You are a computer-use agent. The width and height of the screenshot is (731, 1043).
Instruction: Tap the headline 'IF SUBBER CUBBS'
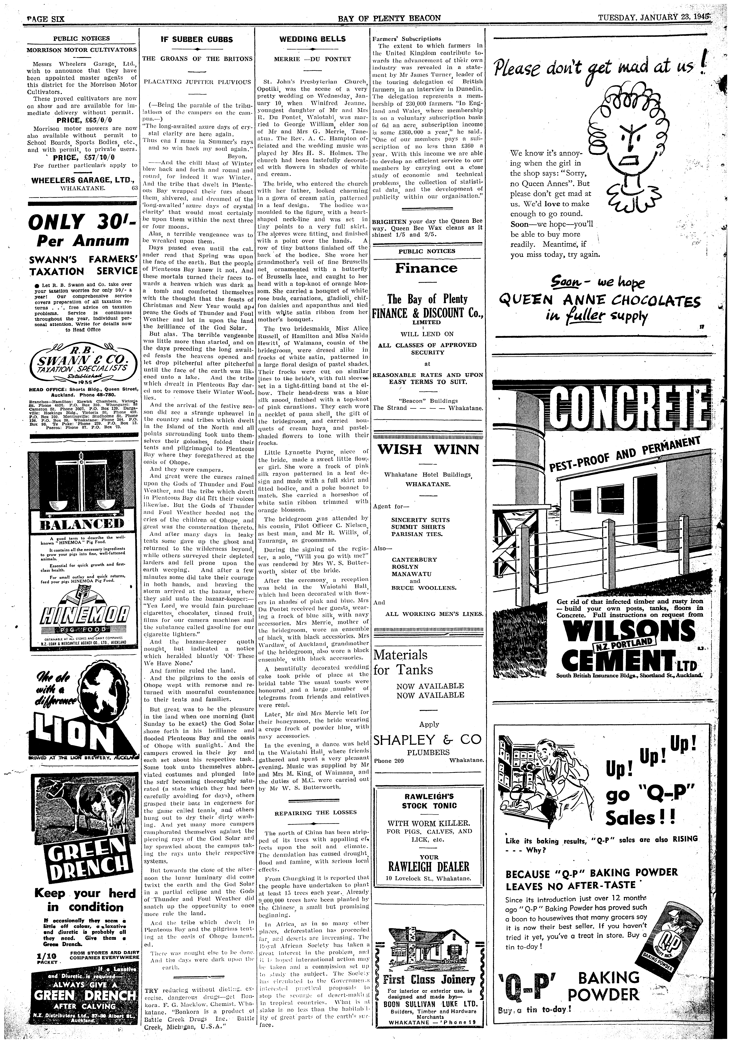click(x=197, y=40)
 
